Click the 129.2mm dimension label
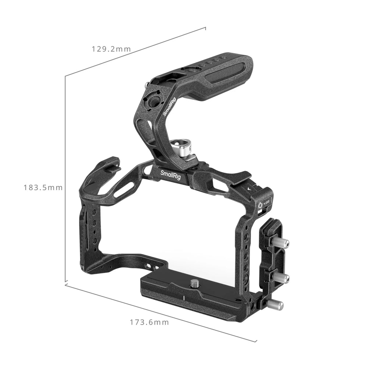point(111,49)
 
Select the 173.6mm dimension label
point(149,322)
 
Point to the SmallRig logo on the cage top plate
point(170,175)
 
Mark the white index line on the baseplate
point(184,298)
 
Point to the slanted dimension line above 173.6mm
point(161,313)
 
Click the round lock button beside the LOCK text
point(260,204)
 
